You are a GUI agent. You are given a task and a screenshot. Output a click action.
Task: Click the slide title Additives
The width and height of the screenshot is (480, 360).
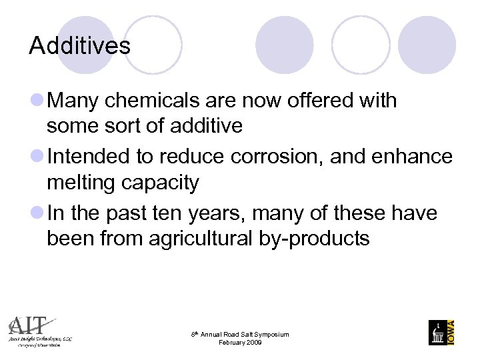80,46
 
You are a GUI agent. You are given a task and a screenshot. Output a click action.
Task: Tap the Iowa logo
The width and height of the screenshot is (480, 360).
442,332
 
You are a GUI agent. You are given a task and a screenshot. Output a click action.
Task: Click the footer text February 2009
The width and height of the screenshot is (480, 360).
240,342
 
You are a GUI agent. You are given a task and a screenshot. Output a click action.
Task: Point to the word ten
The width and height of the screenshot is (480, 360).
157,213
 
